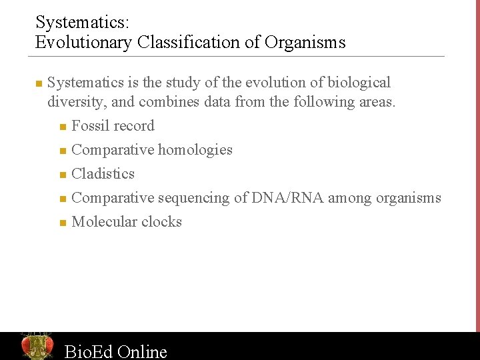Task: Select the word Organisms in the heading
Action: tap(305, 43)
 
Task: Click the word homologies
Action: tap(195, 150)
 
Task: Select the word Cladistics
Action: tap(103, 174)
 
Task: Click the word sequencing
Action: tap(193, 198)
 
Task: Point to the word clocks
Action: tap(163, 222)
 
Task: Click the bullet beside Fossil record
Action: tap(62, 127)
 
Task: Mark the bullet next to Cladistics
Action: tap(62, 175)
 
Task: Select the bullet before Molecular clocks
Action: tap(62, 223)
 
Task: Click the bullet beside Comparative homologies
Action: tap(62, 151)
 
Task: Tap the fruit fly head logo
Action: tap(37, 345)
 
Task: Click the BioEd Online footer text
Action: tap(115, 351)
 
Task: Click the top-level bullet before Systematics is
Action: tap(39, 84)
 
